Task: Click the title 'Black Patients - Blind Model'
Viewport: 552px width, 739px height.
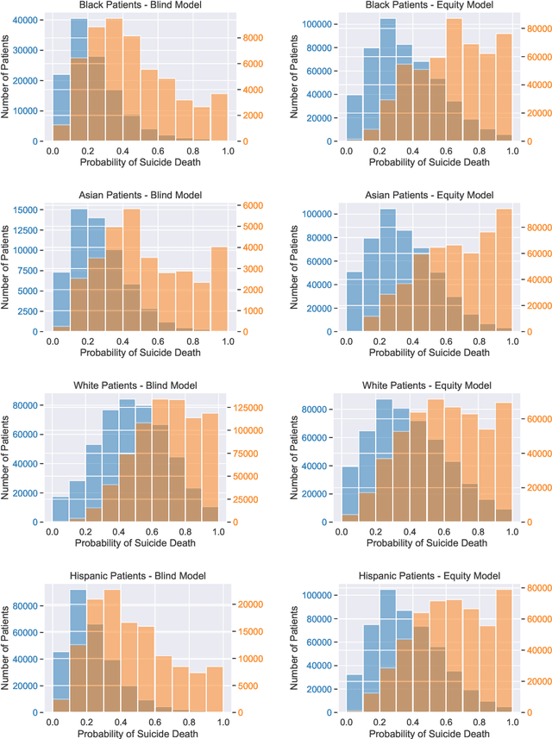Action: pos(140,6)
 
